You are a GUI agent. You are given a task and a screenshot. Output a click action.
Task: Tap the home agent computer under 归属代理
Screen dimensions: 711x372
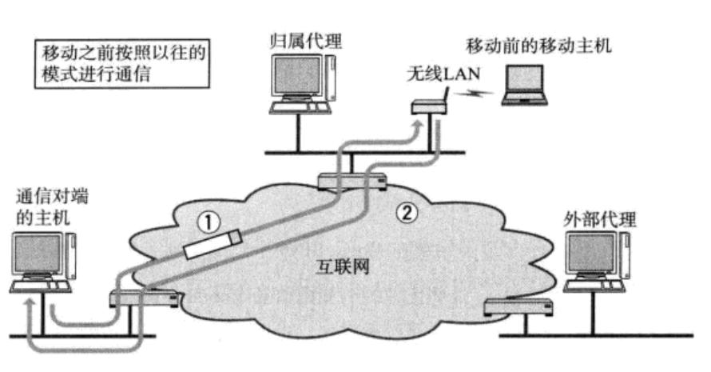point(301,84)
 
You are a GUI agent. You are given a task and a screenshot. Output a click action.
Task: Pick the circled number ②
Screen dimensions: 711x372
point(407,212)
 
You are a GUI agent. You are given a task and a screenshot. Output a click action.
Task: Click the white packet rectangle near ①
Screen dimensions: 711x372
point(212,244)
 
